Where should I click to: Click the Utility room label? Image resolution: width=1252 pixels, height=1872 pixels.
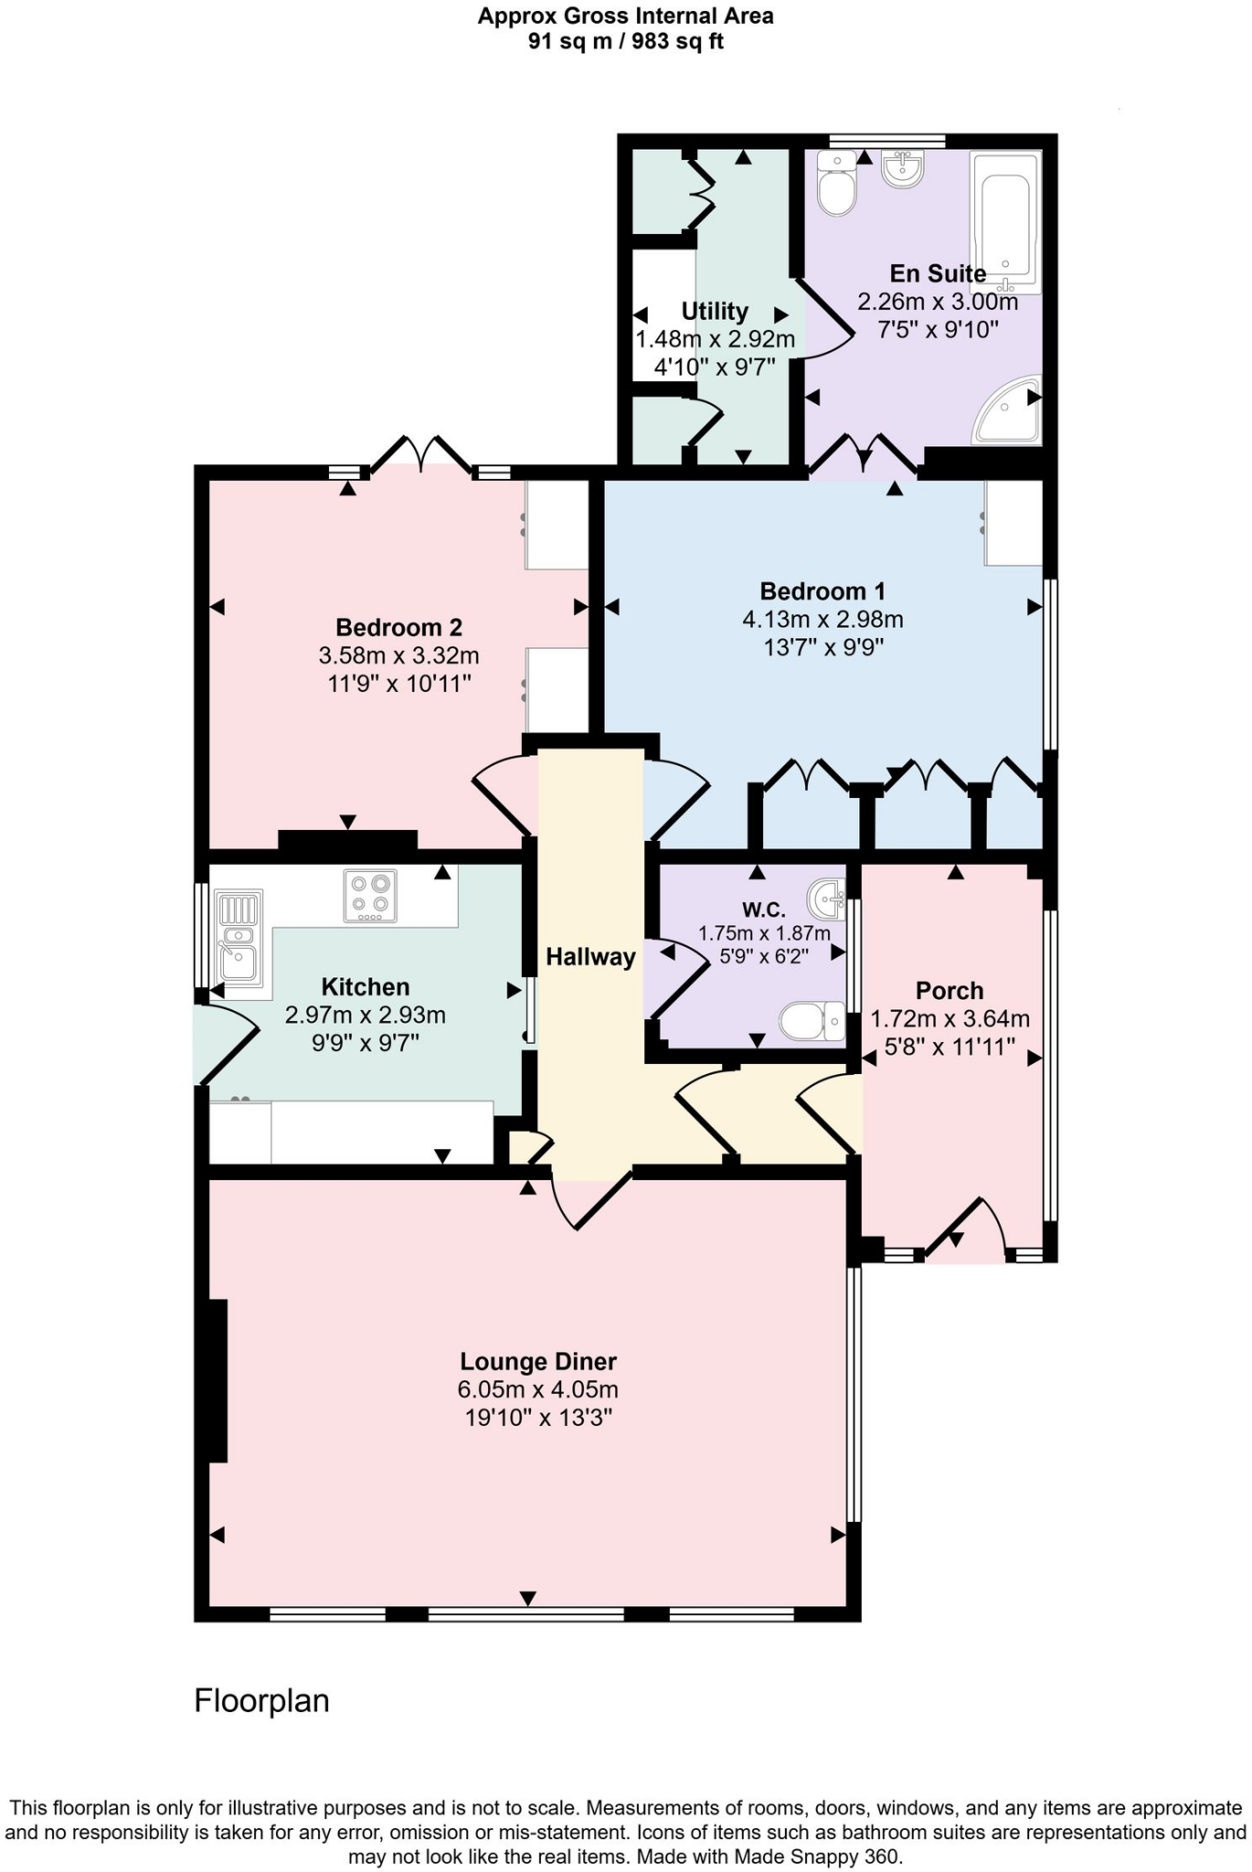tap(715, 312)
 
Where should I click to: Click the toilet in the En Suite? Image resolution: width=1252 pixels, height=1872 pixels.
tap(836, 186)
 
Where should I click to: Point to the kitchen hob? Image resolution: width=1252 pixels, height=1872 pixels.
tap(370, 895)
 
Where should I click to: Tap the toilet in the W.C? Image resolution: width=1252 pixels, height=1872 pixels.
tap(812, 1021)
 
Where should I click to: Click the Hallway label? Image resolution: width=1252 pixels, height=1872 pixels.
tap(590, 957)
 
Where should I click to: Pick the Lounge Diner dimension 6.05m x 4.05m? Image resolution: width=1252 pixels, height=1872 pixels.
tap(537, 1390)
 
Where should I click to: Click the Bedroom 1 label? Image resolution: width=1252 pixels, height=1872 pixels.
tap(822, 591)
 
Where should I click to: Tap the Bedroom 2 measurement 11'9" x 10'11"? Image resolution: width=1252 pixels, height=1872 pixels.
tap(399, 683)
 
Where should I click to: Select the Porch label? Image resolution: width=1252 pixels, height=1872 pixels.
tap(950, 991)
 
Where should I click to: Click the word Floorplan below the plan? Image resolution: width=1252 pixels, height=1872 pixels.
tap(261, 1701)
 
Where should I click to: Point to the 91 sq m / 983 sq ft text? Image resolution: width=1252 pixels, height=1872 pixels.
tap(625, 42)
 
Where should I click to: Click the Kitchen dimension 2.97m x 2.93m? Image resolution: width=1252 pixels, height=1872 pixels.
tap(366, 1015)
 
